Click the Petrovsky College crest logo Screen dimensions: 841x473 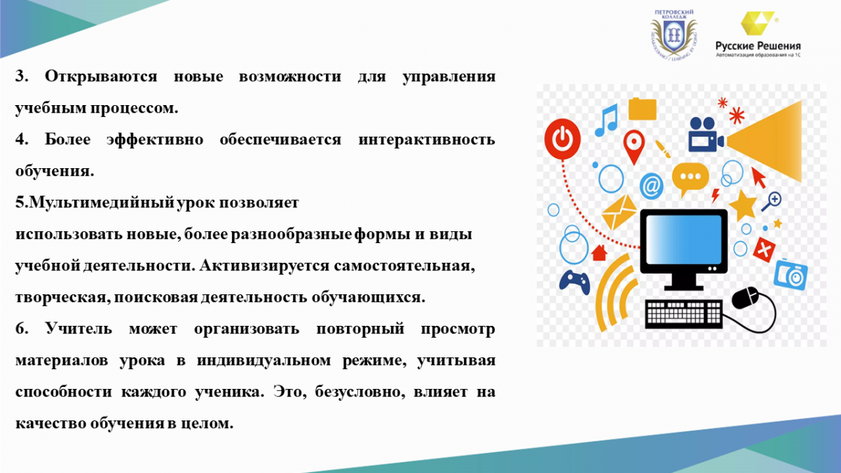[674, 36]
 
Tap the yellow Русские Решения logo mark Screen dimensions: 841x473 [757, 23]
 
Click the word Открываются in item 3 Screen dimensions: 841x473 [101, 77]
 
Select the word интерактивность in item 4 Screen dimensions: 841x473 [427, 139]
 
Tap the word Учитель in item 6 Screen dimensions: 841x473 [78, 329]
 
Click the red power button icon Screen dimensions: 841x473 [562, 139]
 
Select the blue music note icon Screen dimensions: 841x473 [606, 120]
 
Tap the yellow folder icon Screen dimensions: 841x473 [643, 109]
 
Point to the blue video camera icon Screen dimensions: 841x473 [706, 135]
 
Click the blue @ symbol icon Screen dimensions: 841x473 [651, 186]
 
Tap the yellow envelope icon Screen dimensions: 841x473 [619, 212]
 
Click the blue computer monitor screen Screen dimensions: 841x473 [683, 240]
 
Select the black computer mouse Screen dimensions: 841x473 [745, 298]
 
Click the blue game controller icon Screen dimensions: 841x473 [575, 282]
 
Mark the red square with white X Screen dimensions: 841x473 [764, 249]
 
